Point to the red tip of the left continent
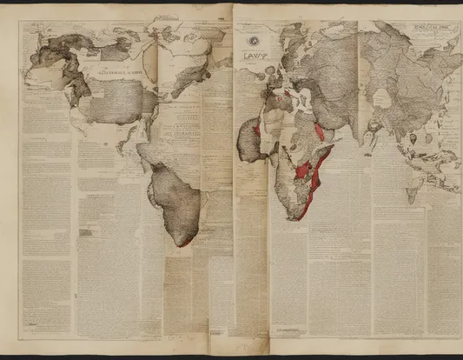184,243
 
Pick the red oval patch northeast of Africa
320,131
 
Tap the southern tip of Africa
298,218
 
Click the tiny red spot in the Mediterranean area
287,93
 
